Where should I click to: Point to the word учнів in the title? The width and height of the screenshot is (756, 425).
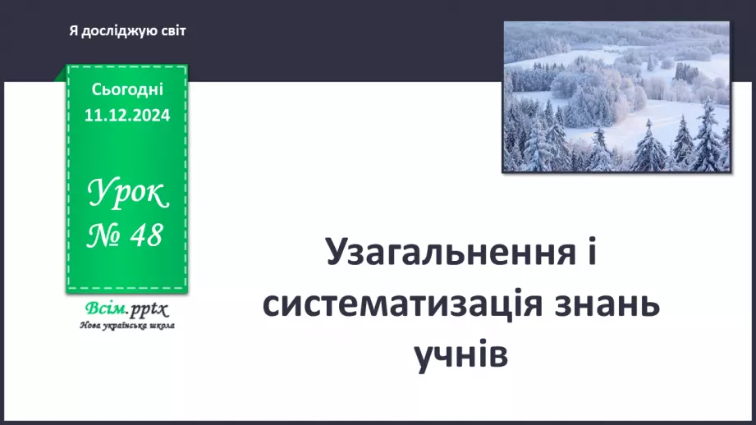tap(460, 354)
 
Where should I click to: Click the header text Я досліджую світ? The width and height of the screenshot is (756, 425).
tap(128, 31)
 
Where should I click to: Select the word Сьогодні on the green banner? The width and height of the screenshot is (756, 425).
tap(127, 89)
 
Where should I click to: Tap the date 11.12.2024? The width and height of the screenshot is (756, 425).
tap(127, 115)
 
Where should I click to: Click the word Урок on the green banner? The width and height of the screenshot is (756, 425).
tap(127, 194)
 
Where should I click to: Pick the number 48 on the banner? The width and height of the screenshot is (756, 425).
tap(144, 237)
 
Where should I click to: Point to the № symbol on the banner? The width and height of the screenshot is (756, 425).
tap(105, 237)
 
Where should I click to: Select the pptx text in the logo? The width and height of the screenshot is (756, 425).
tap(149, 310)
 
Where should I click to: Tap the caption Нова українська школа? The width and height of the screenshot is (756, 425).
tap(127, 325)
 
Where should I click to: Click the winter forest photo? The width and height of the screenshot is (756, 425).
tap(616, 97)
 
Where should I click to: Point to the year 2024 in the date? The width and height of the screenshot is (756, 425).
tap(150, 115)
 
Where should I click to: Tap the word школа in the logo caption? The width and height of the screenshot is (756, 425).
tap(163, 325)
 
